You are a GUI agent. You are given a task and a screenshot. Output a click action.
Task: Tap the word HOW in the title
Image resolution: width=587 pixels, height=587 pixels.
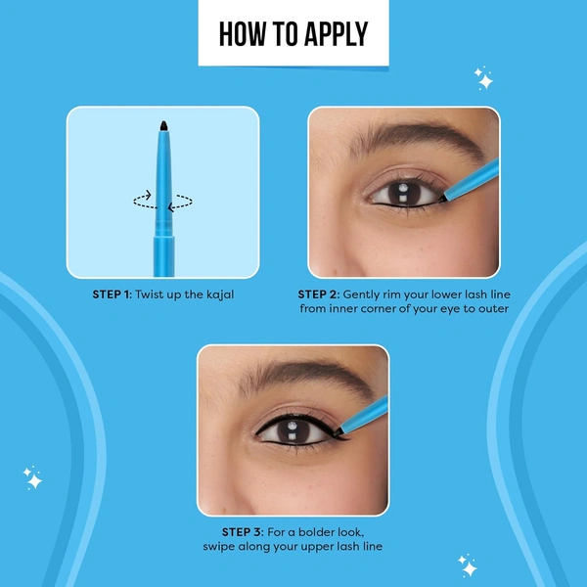pos(241,34)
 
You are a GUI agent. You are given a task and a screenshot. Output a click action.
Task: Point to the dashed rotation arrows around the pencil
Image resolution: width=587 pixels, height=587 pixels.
pos(162,201)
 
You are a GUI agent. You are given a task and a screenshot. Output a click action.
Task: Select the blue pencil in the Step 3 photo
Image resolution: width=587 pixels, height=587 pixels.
pos(367,414)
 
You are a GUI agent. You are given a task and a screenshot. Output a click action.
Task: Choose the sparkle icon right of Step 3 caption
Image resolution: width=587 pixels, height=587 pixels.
pos(467,564)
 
